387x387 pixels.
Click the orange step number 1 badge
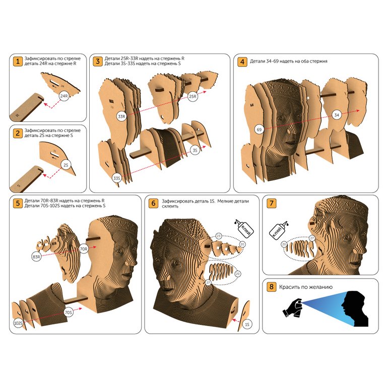[18, 61]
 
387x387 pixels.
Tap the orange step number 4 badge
[242, 61]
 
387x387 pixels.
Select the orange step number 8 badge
[271, 287]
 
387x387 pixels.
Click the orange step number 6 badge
[153, 204]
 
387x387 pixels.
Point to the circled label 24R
[64, 96]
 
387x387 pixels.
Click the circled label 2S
[66, 165]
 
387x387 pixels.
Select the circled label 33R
[121, 116]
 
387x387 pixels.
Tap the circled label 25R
[192, 97]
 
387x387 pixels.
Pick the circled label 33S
[116, 178]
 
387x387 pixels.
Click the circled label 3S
[195, 150]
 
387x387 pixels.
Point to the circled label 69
[259, 130]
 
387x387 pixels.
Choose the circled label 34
[337, 115]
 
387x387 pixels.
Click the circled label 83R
[36, 257]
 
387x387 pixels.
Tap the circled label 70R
[84, 249]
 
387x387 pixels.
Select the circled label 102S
[18, 323]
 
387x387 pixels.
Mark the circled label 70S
[69, 312]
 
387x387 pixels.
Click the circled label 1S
[247, 325]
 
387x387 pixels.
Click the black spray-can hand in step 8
[292, 308]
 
